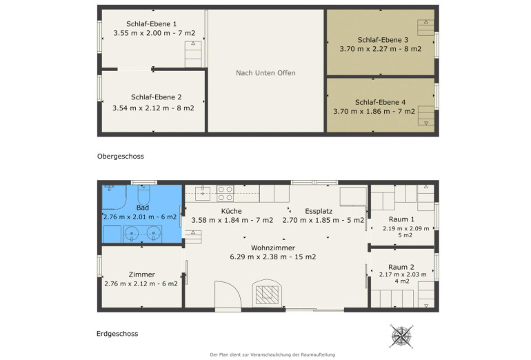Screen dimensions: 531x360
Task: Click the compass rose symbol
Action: tap(401, 336)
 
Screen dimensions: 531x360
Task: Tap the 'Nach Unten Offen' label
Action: tap(265, 73)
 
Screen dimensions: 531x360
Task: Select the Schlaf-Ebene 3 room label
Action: tap(383, 40)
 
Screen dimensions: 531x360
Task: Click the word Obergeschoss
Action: tap(120, 157)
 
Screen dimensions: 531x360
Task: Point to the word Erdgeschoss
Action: tap(117, 334)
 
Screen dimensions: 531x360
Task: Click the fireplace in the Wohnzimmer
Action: tap(267, 292)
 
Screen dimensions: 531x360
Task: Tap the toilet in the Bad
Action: tap(143, 194)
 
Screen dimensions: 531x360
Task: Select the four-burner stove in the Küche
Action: tap(226, 193)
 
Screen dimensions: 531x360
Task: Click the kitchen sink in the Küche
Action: tap(203, 193)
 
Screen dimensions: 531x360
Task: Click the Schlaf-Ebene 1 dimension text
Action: tap(154, 33)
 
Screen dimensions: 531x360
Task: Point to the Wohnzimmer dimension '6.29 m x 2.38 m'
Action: tap(261, 257)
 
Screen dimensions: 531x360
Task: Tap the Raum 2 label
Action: tap(401, 267)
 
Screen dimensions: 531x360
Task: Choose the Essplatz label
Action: tap(319, 211)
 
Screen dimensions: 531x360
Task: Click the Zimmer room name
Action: tap(141, 274)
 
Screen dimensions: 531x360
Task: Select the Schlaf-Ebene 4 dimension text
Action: tap(374, 112)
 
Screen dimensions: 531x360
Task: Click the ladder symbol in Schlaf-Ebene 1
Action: tap(193, 54)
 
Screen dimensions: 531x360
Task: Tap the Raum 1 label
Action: tap(401, 219)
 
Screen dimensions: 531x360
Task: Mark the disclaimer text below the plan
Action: tap(272, 354)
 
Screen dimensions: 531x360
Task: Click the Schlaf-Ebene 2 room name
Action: tap(156, 97)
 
